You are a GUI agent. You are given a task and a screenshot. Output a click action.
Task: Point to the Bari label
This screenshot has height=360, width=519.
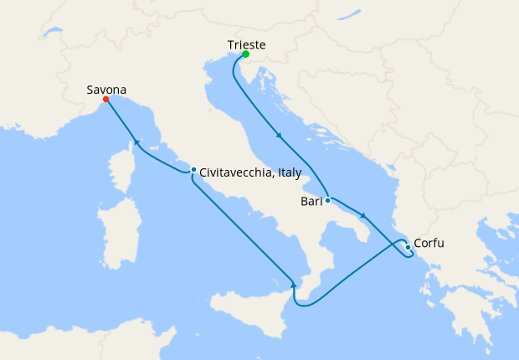coord(311,202)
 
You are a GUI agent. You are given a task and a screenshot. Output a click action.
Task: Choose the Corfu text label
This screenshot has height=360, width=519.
coord(429,244)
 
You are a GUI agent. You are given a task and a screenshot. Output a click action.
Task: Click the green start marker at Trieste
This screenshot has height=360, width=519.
coord(245,54)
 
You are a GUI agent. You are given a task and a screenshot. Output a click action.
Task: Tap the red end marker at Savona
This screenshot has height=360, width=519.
coord(105,100)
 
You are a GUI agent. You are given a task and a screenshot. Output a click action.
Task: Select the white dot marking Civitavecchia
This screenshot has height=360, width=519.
coord(193,170)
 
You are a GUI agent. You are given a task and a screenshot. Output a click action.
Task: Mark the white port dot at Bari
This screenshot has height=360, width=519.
coord(328,200)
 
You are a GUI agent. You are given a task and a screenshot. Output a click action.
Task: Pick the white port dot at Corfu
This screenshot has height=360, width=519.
coord(408,247)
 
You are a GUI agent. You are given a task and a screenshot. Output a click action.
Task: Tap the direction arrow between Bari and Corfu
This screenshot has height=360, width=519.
coord(363,216)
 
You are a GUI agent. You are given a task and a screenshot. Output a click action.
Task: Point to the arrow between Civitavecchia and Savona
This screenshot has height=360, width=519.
coord(136,141)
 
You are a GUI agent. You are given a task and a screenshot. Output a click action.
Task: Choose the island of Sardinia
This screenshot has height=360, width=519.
coord(116,230)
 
